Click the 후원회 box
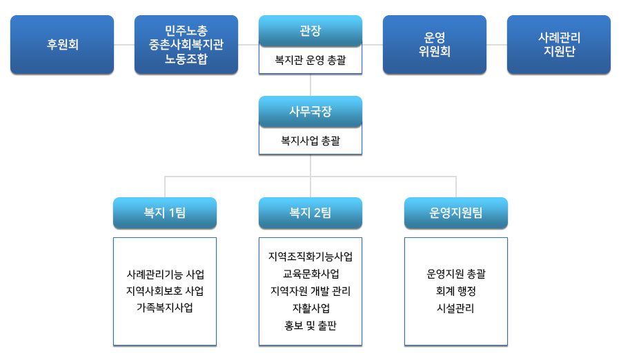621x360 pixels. [62, 44]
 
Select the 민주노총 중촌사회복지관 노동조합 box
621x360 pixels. [186, 44]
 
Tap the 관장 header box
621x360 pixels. [310, 31]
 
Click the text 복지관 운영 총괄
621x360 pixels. [310, 60]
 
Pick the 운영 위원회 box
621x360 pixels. [435, 44]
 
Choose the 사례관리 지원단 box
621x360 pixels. [559, 44]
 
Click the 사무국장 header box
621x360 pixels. [310, 111]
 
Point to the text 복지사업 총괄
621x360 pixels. [310, 141]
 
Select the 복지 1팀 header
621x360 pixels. [165, 212]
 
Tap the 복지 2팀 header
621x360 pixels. [310, 212]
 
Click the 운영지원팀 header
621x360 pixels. [456, 212]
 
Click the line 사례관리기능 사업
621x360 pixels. [165, 274]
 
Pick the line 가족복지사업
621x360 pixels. [165, 308]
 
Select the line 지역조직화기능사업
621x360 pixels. [310, 257]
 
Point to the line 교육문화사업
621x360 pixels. [310, 274]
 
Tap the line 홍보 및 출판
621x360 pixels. [310, 326]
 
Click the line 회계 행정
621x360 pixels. [456, 291]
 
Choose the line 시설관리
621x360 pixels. [455, 308]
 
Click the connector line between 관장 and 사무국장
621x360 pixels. [310, 85]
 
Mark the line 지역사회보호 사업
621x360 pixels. [165, 291]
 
